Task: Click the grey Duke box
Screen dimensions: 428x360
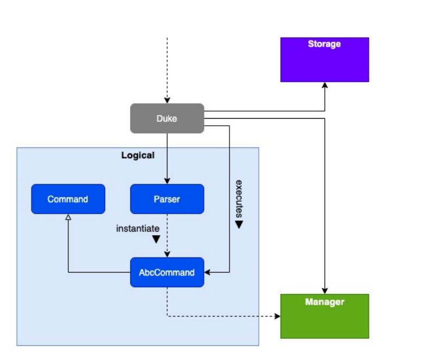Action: [x=167, y=118]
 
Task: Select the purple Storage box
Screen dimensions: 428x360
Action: [x=324, y=60]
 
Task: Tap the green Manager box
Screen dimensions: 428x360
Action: [x=324, y=316]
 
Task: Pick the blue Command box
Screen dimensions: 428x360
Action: [x=68, y=199]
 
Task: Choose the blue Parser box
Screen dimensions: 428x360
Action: [x=167, y=199]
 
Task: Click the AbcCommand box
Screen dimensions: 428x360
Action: [x=167, y=272]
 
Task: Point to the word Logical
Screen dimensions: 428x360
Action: [x=138, y=155]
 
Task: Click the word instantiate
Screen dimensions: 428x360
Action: [x=138, y=228]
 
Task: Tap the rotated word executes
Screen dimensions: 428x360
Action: [x=239, y=199]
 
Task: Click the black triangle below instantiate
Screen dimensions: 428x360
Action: [x=156, y=239]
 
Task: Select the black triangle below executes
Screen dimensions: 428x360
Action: [x=239, y=224]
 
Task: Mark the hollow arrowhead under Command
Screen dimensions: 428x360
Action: [x=68, y=217]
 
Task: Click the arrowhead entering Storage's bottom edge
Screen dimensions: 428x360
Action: [x=324, y=85]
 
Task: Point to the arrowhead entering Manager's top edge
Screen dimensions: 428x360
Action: [x=324, y=291]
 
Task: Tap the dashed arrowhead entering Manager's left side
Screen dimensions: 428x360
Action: [x=277, y=316]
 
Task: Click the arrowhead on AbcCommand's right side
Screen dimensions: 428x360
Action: [x=207, y=272]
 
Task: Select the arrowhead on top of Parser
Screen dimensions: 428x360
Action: [x=167, y=181]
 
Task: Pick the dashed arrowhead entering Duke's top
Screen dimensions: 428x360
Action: [x=167, y=100]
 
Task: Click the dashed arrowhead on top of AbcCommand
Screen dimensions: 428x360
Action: [x=167, y=254]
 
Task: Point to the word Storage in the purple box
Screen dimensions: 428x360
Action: [x=324, y=44]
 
